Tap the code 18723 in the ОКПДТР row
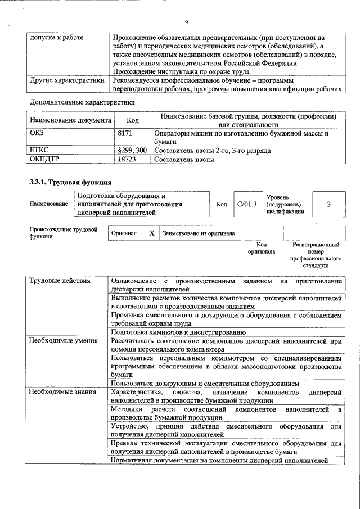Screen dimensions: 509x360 [128, 159]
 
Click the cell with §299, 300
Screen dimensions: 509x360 [132, 151]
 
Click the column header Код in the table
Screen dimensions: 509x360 [133, 120]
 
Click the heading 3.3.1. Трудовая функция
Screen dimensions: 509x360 [70, 182]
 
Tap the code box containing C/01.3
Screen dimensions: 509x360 [247, 204]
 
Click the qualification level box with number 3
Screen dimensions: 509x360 [328, 204]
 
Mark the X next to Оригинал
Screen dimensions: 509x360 [151, 232]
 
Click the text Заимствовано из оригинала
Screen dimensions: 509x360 [199, 232]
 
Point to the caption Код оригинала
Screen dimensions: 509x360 [262, 248]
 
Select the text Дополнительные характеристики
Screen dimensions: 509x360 [82, 102]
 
